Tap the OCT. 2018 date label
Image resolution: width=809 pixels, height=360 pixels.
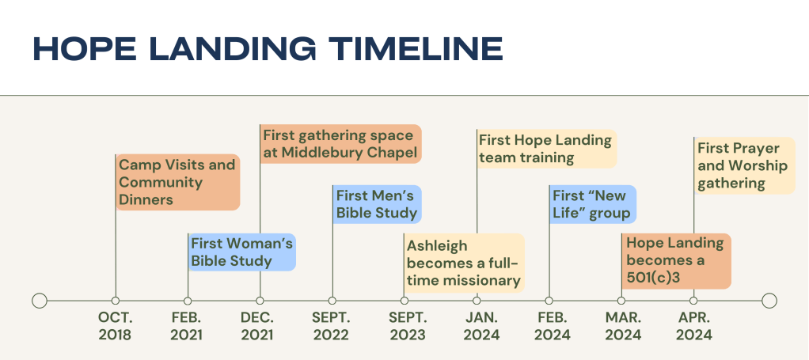click(x=115, y=326)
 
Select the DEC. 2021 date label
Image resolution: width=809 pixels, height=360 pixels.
click(x=257, y=326)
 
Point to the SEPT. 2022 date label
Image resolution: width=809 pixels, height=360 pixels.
click(x=331, y=326)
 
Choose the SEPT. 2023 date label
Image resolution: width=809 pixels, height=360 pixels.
click(x=408, y=326)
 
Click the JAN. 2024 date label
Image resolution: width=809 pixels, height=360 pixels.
click(x=480, y=326)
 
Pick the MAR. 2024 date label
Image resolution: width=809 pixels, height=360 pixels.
click(x=623, y=326)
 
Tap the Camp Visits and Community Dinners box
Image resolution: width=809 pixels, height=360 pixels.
click(x=178, y=182)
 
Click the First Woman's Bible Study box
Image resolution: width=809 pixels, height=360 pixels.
click(x=242, y=252)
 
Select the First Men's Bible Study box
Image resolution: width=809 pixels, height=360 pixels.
click(x=377, y=204)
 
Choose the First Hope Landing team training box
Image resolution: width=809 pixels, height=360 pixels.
click(x=547, y=149)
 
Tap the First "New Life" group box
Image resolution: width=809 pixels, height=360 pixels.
click(x=593, y=204)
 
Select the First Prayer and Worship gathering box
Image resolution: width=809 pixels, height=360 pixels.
click(x=745, y=165)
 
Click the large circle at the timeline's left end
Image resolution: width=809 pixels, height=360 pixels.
click(x=40, y=300)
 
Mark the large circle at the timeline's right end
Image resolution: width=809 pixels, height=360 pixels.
click(x=769, y=300)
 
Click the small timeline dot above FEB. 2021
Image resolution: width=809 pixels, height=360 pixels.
click(x=188, y=301)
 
